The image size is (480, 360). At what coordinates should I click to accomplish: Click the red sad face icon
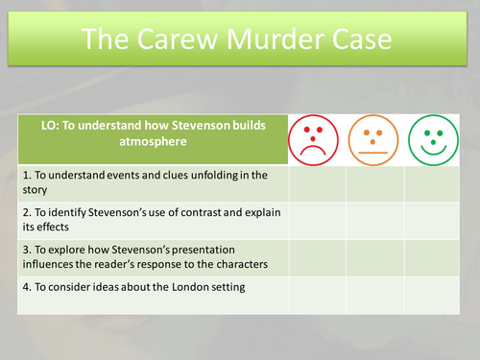point(317,140)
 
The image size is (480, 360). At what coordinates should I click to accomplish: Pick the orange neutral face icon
point(374,140)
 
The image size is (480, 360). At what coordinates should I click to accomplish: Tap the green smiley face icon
point(432,140)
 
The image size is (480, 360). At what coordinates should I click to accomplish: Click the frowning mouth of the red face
point(317,151)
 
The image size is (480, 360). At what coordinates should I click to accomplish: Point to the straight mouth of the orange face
point(374,153)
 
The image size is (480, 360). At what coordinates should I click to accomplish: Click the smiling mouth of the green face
point(432,150)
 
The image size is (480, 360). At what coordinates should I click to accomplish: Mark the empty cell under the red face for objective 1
point(317,182)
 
